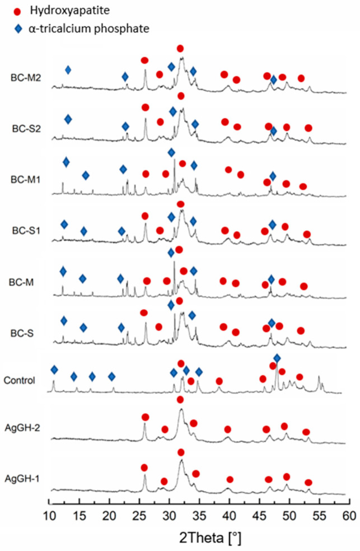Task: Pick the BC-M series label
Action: click(22, 283)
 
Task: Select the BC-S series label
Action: click(22, 333)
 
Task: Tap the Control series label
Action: click(20, 381)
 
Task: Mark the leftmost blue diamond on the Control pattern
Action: click(54, 370)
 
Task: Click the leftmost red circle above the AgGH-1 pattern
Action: click(144, 468)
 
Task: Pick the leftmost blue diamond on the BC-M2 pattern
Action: click(68, 70)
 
